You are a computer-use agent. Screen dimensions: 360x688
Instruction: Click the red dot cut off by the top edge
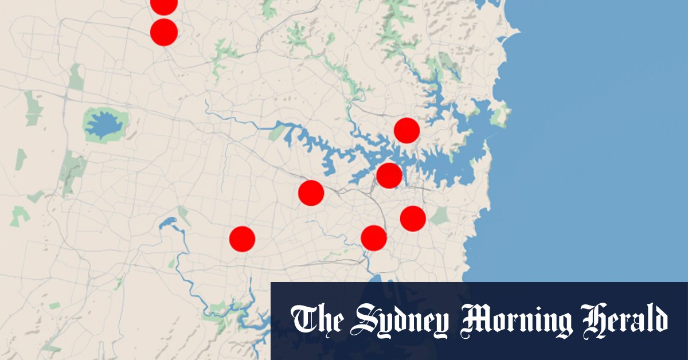pos(163,5)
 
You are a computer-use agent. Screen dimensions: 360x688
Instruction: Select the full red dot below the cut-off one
pos(163,32)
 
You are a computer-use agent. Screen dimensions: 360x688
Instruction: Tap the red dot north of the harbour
pos(406,131)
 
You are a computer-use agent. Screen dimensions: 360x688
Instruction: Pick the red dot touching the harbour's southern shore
pos(389,175)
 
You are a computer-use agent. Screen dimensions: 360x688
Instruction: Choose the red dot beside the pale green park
pos(413,218)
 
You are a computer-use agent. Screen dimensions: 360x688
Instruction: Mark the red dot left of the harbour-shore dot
pos(311,193)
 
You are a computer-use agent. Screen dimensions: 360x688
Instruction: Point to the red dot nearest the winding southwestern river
pos(242,238)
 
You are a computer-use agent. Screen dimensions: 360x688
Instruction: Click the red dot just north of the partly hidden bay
pos(374,237)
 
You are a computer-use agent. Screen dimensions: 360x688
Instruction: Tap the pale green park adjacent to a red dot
pos(439,216)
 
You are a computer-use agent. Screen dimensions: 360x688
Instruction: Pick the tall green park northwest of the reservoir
pos(76,77)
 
